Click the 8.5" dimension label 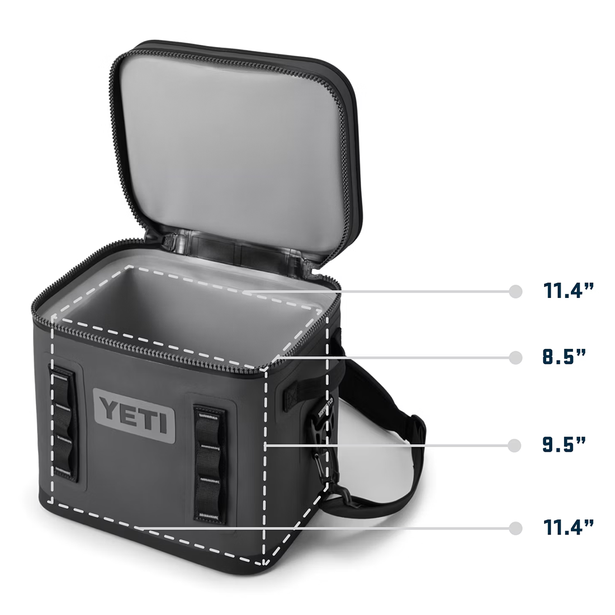tap(564, 357)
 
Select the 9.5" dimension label tap(564, 444)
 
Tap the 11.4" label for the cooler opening tap(569, 290)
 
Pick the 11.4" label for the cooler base tap(569, 527)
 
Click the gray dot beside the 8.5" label tap(515, 358)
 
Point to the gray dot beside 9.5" tap(514, 446)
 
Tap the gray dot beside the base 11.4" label tap(515, 528)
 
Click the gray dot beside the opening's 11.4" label tap(515, 291)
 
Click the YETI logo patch tap(134, 416)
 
